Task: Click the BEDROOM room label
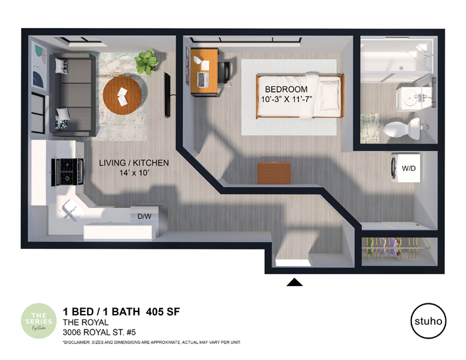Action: click(286, 89)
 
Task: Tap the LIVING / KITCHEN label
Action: click(134, 163)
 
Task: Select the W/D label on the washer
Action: click(408, 168)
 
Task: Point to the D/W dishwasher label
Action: click(144, 216)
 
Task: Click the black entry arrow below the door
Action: click(294, 282)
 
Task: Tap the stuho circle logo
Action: click(426, 321)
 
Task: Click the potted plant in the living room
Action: click(145, 62)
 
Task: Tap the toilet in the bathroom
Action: click(405, 126)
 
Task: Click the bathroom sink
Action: click(413, 98)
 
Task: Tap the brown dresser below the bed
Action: click(274, 171)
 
